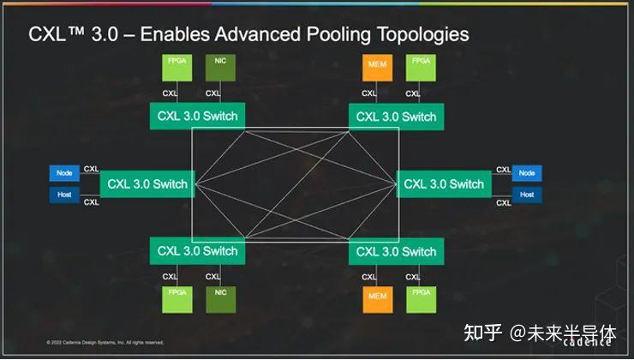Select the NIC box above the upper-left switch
pos(219,68)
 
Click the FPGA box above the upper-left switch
pos(176,68)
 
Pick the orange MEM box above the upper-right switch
pos(377,68)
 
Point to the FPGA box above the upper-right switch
pos(421,68)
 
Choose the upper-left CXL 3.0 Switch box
pos(197,116)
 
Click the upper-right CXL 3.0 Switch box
pos(396,116)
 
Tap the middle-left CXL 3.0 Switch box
pos(147,183)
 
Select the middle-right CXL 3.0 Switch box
pos(444,183)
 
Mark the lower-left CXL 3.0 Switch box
pos(197,251)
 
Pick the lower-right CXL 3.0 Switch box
pos(396,251)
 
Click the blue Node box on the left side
pos(64,173)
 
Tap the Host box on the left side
pos(64,195)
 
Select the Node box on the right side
pos(527,173)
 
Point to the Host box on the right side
pos(527,195)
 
